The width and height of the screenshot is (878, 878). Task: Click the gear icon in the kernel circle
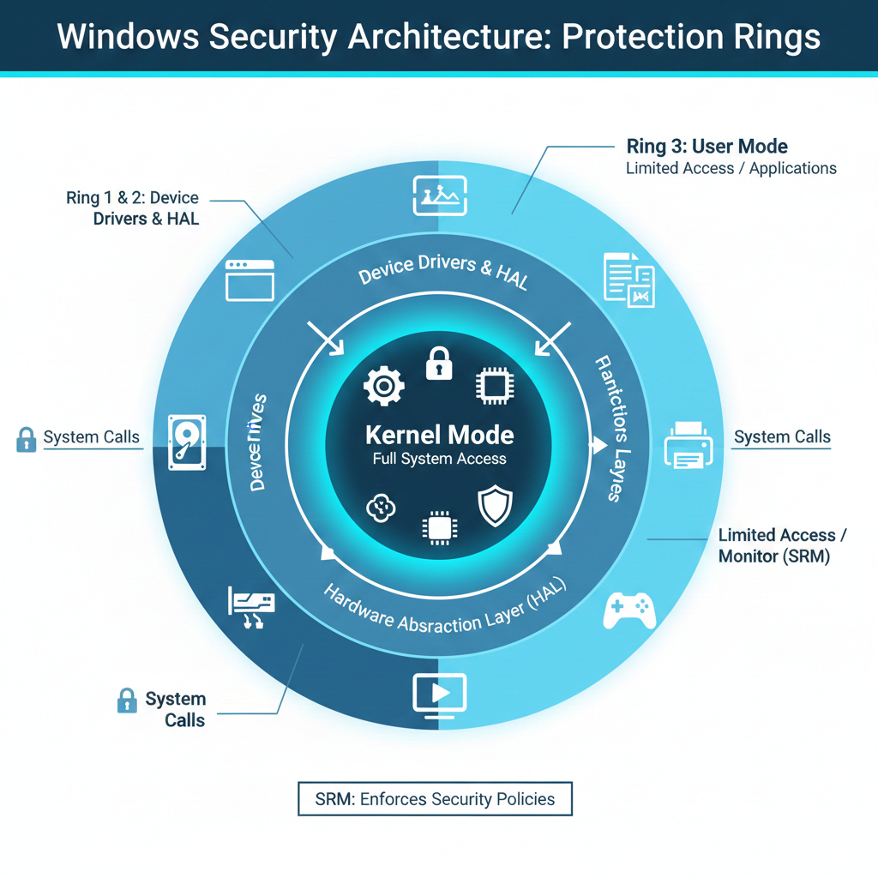(383, 387)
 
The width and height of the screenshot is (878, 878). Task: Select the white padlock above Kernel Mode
(438, 364)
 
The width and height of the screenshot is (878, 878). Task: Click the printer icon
(689, 444)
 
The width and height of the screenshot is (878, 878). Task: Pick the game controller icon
(630, 610)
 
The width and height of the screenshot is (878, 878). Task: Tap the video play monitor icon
(439, 694)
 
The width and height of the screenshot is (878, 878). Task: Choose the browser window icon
(250, 280)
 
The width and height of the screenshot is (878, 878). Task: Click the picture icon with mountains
(439, 195)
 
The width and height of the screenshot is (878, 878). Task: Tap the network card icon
(252, 608)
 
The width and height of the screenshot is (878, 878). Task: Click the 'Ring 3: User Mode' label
(707, 147)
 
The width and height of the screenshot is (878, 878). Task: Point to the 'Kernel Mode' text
(439, 435)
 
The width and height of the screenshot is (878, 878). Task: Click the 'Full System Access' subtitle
(439, 459)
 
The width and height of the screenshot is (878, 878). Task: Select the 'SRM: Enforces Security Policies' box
(434, 800)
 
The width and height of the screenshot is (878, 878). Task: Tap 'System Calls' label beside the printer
(782, 437)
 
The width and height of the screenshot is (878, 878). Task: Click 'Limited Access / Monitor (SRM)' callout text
(782, 545)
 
